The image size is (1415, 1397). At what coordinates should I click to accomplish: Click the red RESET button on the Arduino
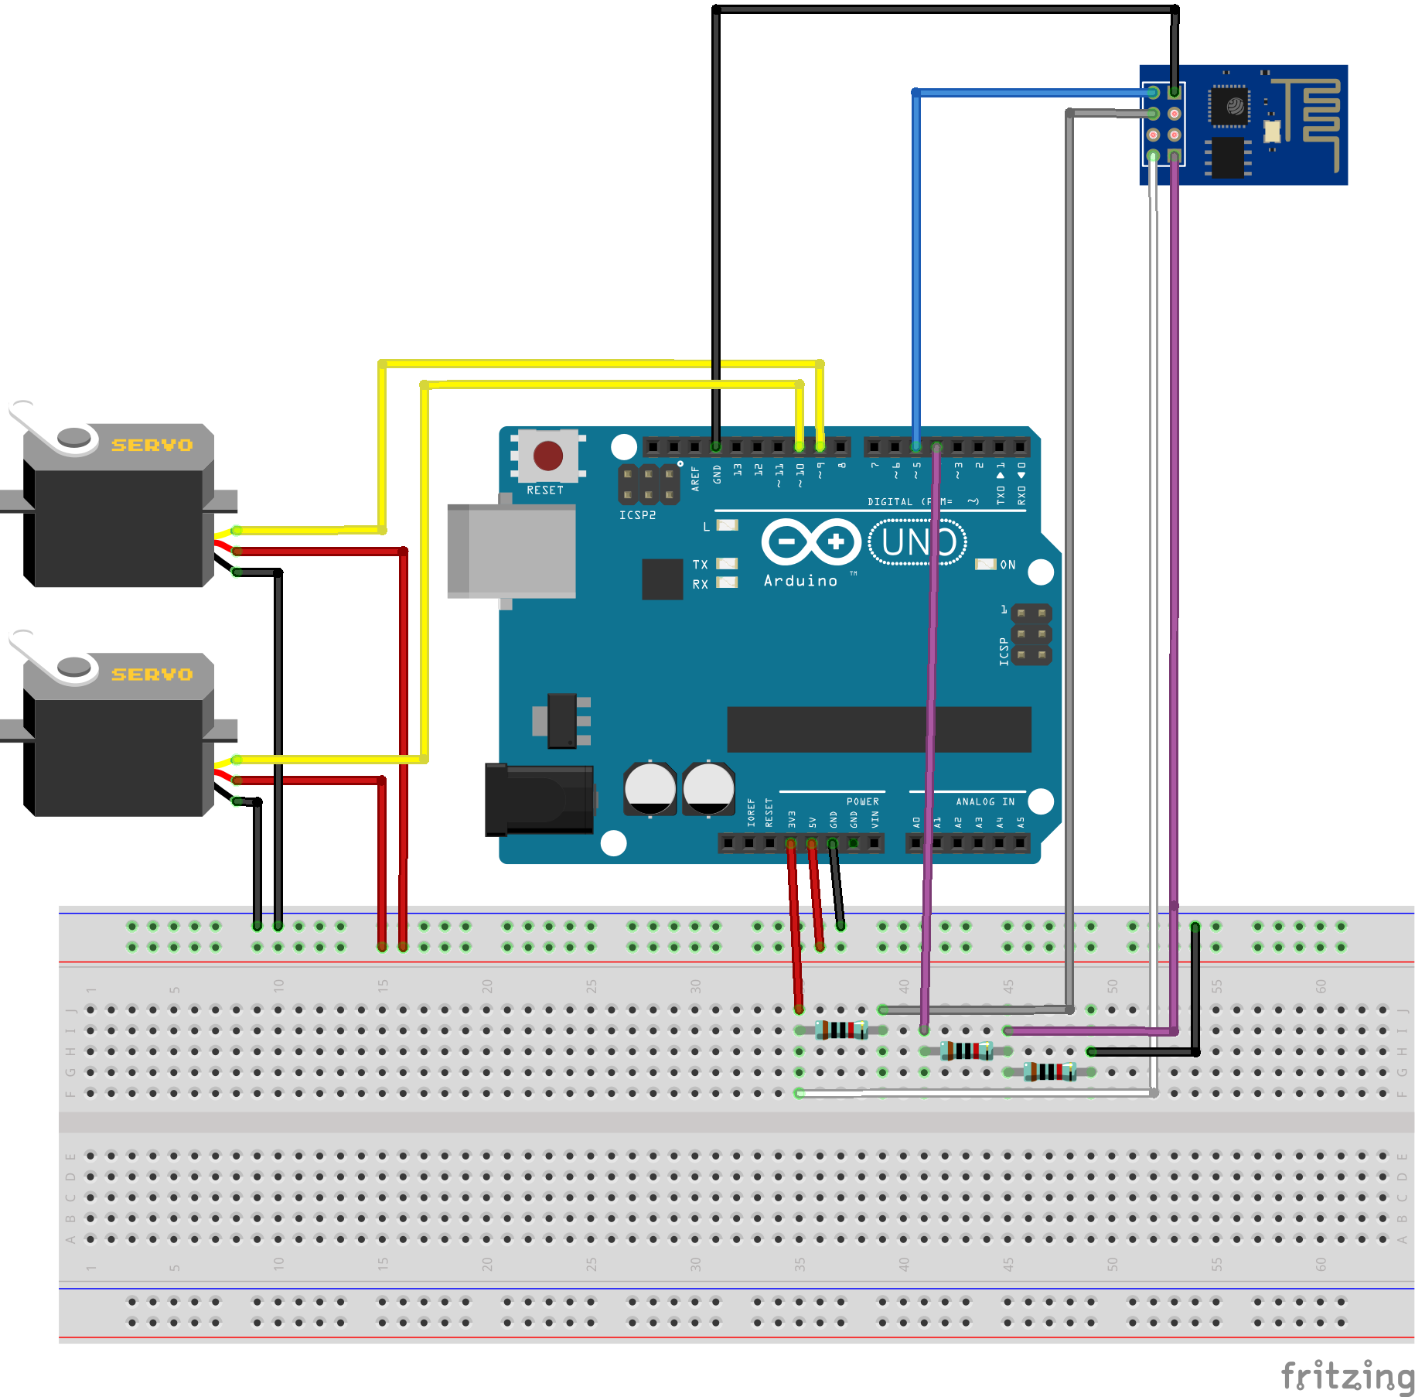click(547, 456)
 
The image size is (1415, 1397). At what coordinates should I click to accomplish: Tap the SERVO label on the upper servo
click(152, 445)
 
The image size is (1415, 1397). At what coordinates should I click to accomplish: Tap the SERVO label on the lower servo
click(152, 675)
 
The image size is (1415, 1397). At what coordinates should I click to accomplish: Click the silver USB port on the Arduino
click(513, 552)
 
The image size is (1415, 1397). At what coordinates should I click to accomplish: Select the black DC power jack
click(540, 801)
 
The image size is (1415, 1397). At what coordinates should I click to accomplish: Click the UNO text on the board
click(917, 542)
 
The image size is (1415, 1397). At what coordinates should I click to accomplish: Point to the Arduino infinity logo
click(811, 541)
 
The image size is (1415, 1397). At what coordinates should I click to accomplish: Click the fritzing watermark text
click(1347, 1377)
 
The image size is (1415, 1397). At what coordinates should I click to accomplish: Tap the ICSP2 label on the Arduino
click(637, 515)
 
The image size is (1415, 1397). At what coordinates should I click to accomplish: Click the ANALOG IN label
click(984, 801)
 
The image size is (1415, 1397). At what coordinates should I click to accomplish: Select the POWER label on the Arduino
click(862, 801)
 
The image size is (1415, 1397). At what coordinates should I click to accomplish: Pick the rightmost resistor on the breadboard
click(1049, 1071)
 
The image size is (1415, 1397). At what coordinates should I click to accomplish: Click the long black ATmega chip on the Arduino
click(878, 729)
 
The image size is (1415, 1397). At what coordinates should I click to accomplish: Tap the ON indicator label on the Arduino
click(1008, 565)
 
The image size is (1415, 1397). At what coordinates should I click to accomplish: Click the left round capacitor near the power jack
click(650, 788)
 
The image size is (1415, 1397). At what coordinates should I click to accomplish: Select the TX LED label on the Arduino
click(700, 564)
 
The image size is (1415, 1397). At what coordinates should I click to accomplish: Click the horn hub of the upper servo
click(74, 437)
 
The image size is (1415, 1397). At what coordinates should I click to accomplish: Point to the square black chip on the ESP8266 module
click(1229, 106)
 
